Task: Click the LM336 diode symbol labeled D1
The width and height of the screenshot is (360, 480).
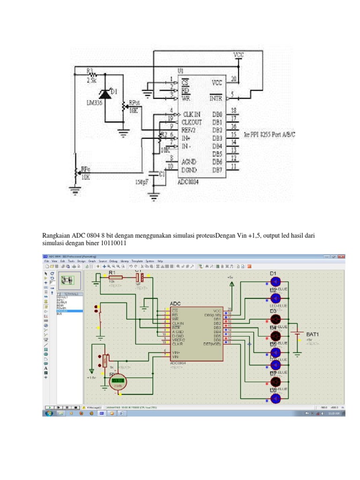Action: point(105,94)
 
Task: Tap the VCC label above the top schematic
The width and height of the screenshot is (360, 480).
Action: point(239,55)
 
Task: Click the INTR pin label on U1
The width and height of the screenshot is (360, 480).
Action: point(216,98)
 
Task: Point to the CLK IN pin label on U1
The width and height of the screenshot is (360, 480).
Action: point(192,114)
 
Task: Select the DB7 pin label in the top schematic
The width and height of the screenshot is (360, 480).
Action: point(217,170)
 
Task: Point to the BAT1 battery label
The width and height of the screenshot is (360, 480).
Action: point(312,334)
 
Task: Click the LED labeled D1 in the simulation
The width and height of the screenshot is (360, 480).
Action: point(276,281)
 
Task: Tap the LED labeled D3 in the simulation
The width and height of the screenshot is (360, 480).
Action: point(276,319)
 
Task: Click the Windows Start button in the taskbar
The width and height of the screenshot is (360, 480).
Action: point(48,413)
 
